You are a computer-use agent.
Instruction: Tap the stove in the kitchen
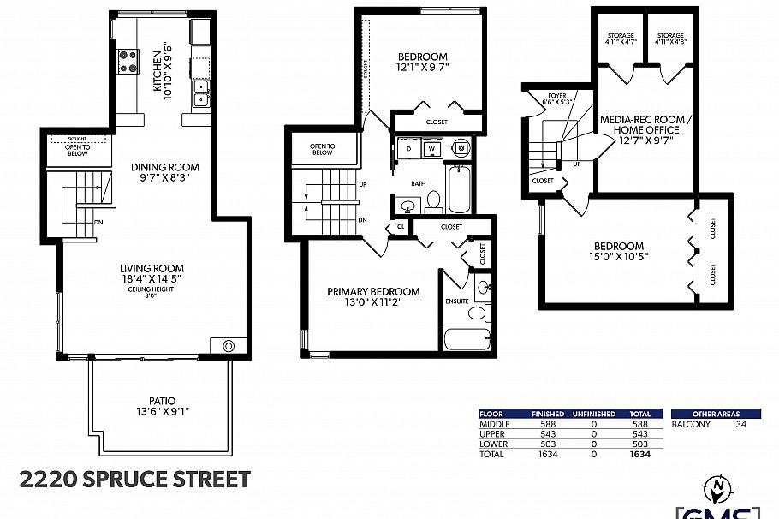tap(128, 62)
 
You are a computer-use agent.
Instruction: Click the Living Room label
tap(152, 268)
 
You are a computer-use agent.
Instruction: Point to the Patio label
tap(162, 400)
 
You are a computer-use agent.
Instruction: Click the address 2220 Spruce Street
tap(135, 479)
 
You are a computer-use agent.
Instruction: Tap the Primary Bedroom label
tap(373, 291)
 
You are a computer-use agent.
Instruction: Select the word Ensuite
tap(456, 301)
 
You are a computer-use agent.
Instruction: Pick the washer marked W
tap(431, 148)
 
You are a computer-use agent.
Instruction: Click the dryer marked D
tap(408, 148)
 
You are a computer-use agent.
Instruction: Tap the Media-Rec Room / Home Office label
tap(639, 129)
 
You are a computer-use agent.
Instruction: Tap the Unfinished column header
tap(593, 414)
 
